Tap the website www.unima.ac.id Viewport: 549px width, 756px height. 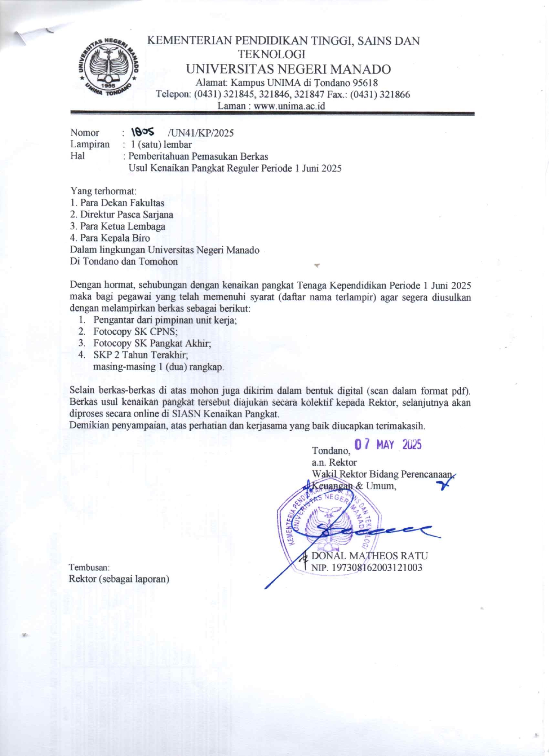click(289, 106)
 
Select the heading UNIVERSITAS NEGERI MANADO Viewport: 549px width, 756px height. click(288, 69)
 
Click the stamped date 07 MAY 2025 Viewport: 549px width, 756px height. click(388, 445)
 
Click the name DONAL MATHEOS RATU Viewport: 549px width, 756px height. click(369, 556)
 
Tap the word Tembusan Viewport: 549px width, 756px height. click(89, 567)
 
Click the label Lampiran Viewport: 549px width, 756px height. click(90, 144)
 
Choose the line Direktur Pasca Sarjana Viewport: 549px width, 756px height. click(127, 215)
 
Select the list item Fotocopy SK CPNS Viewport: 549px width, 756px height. click(135, 332)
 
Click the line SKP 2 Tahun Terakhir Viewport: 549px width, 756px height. click(140, 355)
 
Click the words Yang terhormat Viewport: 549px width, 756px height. click(103, 191)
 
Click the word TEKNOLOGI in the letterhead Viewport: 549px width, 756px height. click(272, 54)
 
